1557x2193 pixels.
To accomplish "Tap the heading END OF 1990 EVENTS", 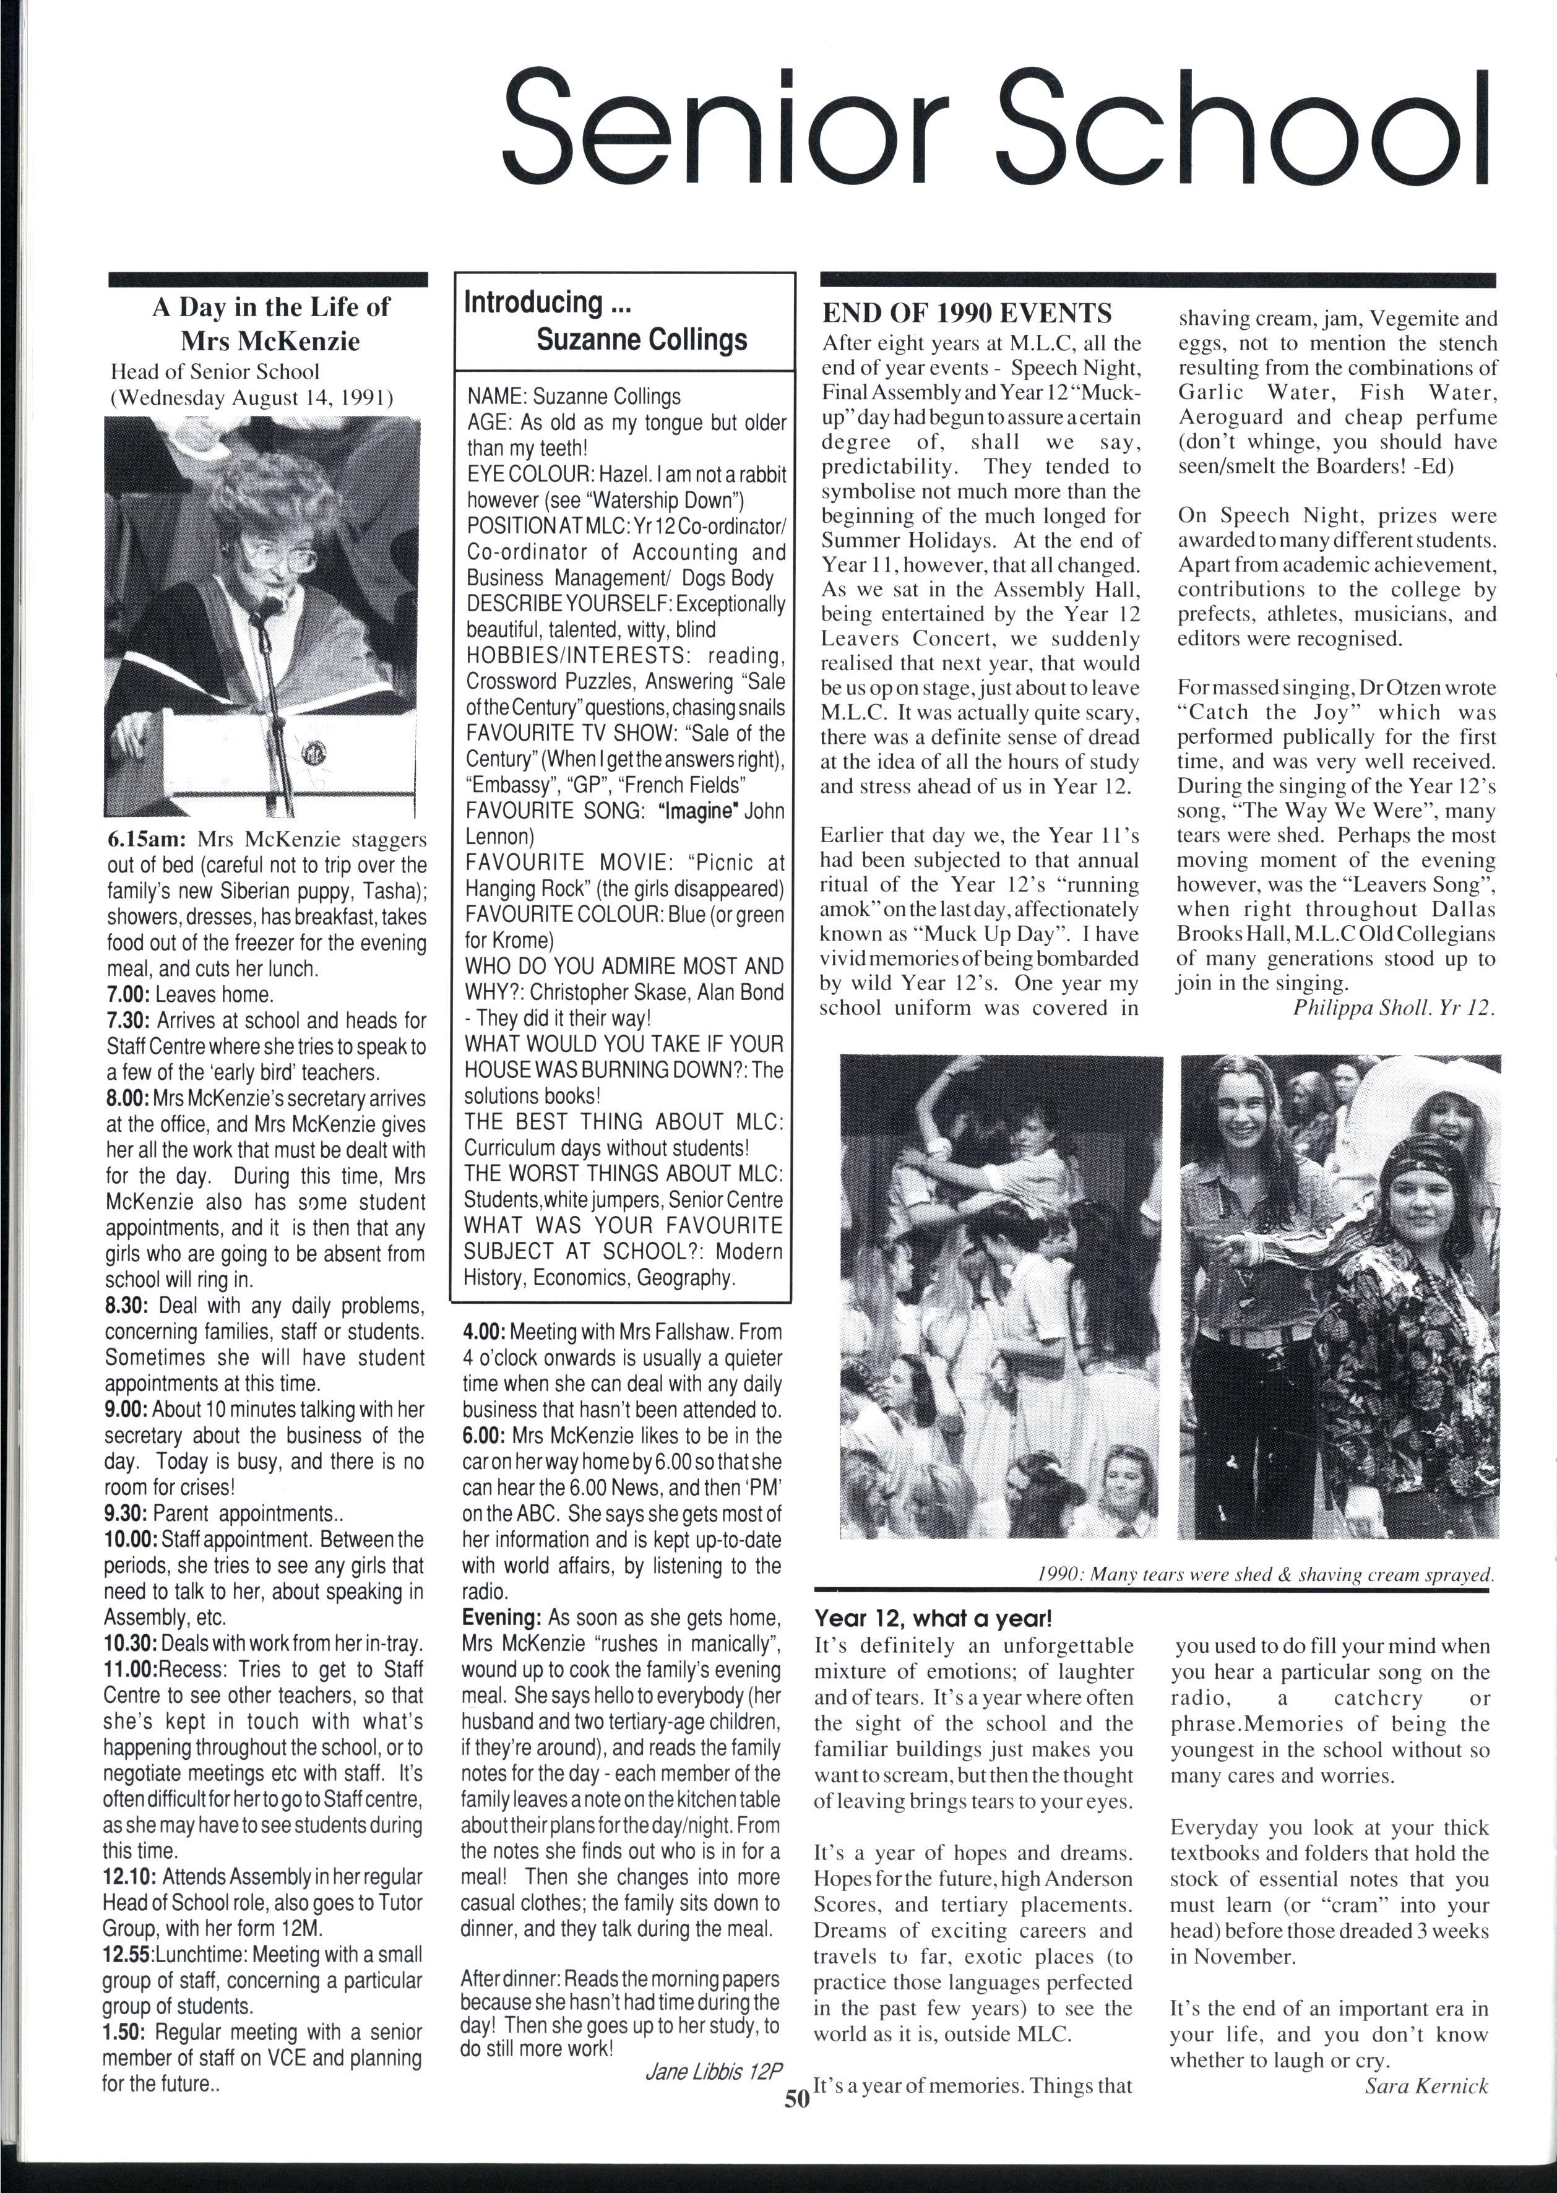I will click(x=967, y=314).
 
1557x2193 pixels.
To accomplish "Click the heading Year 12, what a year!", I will click(x=933, y=1619).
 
